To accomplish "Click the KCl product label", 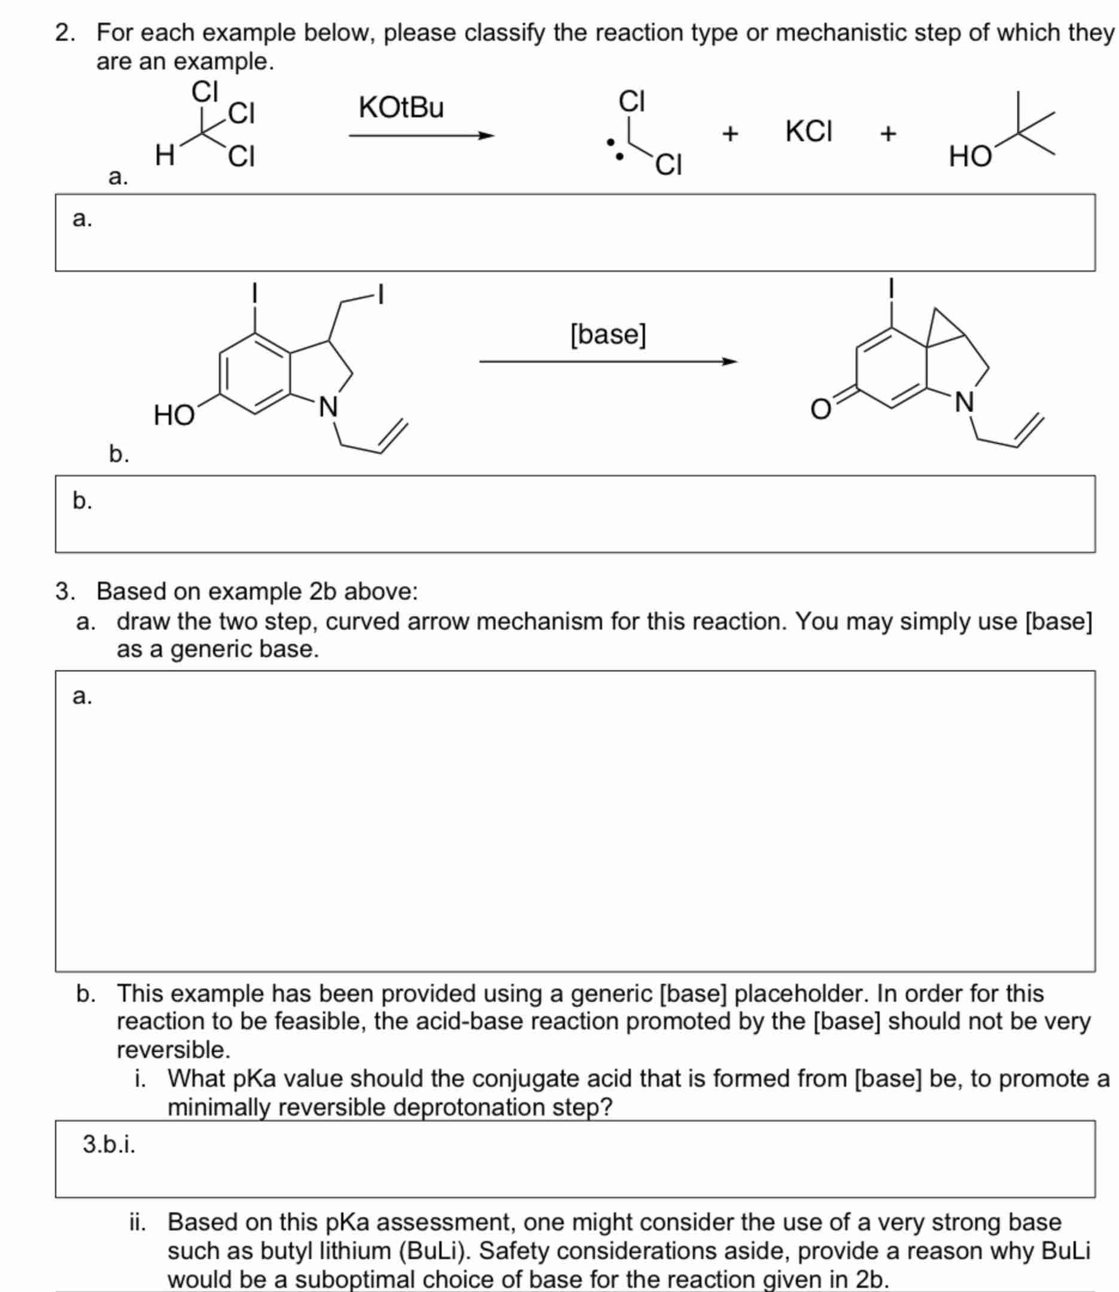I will (808, 132).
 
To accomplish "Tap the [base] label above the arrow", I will (608, 334).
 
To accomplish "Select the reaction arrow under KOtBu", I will (421, 135).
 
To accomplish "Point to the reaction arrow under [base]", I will (608, 361).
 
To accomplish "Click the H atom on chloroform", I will (164, 155).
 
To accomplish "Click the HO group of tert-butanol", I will (970, 157).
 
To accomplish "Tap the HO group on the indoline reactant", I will (174, 415).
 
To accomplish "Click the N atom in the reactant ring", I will (328, 407).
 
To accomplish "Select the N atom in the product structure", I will (965, 402).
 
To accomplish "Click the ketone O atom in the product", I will (820, 410).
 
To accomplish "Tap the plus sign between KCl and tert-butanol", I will (888, 133).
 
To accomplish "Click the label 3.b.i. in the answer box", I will (110, 1144).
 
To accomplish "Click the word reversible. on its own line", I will (174, 1050).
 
